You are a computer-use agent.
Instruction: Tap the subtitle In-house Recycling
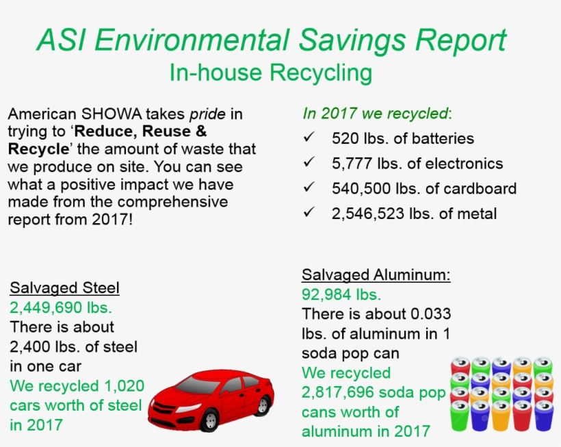click(x=271, y=73)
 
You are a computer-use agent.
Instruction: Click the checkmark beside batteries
click(x=309, y=138)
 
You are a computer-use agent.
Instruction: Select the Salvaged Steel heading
click(x=65, y=288)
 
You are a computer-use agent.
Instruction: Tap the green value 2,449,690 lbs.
click(x=61, y=307)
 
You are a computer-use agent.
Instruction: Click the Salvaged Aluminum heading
click(x=376, y=275)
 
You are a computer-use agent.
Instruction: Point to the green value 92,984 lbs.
click(x=341, y=295)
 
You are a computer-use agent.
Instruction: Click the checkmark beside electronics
click(x=309, y=163)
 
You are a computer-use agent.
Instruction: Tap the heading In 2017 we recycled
click(x=377, y=113)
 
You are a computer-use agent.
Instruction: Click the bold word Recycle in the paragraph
click(x=38, y=149)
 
